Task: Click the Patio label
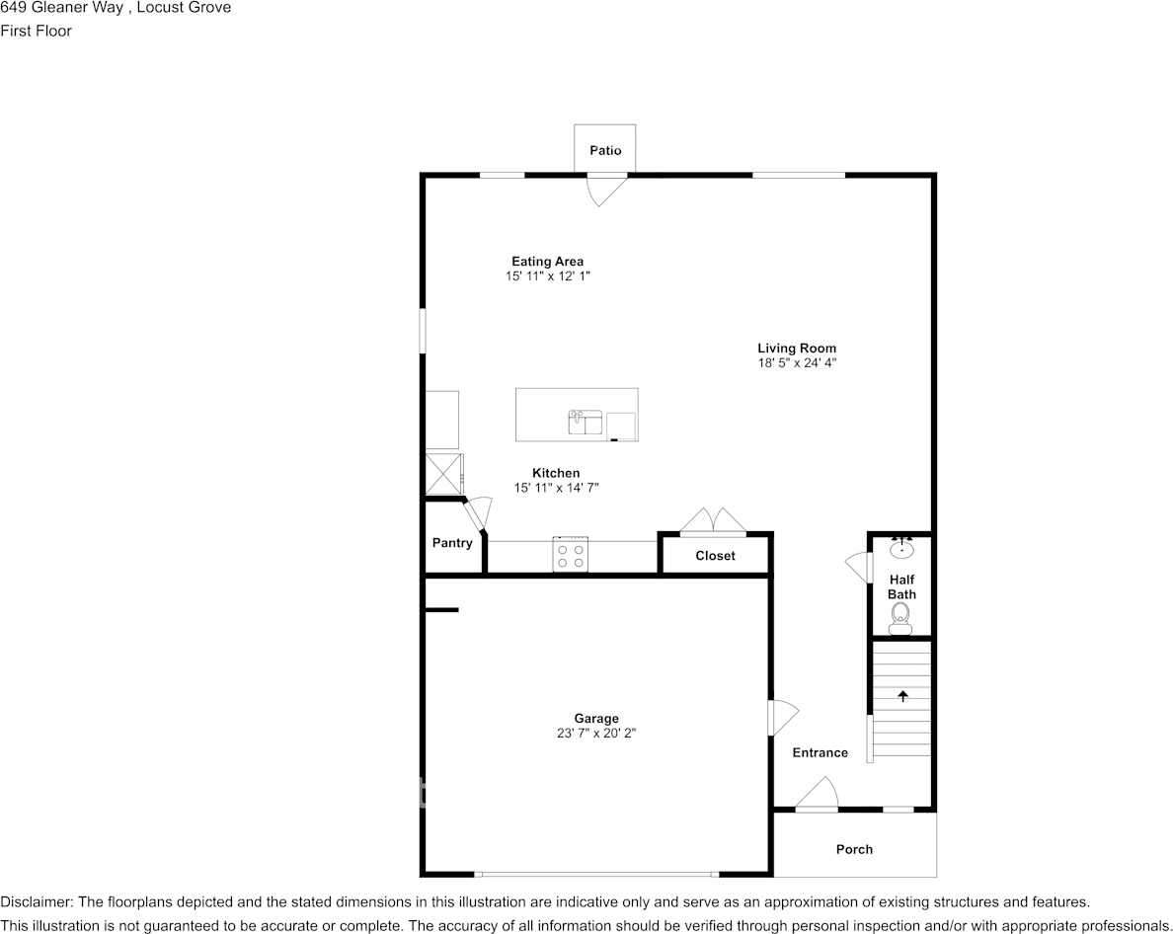point(605,150)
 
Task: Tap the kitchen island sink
point(585,424)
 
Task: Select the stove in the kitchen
point(570,554)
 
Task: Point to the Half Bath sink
point(901,548)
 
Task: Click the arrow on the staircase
point(902,696)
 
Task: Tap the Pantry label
point(452,543)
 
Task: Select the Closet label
point(715,556)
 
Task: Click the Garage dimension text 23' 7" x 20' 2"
point(596,734)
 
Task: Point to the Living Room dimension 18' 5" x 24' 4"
point(797,362)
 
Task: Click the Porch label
point(854,849)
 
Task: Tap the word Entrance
point(821,752)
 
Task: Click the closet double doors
point(714,521)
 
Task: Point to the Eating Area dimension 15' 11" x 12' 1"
point(547,276)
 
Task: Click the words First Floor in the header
point(37,31)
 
